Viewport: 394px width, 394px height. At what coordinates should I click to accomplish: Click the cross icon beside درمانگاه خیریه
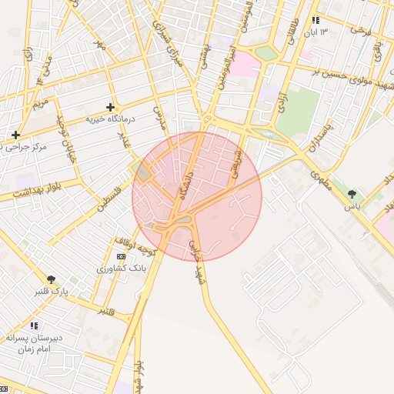tap(111, 108)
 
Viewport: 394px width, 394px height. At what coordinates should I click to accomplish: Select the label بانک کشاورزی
tap(121, 268)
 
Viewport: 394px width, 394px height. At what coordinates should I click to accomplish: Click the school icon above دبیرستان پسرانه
tap(34, 326)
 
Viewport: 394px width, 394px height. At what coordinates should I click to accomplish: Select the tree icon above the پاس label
tap(352, 194)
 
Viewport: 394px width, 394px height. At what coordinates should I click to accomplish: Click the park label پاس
tap(352, 206)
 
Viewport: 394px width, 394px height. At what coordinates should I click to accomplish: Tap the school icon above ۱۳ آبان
tap(315, 21)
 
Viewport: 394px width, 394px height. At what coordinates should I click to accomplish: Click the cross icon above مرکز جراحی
tap(15, 135)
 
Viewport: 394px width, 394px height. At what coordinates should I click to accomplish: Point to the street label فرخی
tap(361, 32)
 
